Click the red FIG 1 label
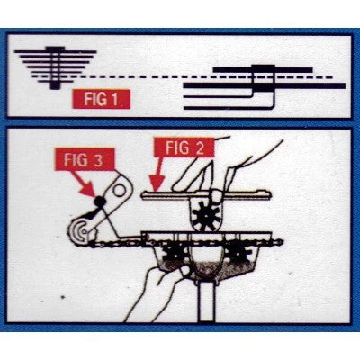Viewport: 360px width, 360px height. click(x=102, y=99)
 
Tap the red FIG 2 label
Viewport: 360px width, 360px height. click(x=184, y=148)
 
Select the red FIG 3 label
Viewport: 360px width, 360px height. click(x=85, y=159)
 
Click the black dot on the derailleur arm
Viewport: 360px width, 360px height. click(x=99, y=202)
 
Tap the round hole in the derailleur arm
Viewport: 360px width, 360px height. click(x=120, y=191)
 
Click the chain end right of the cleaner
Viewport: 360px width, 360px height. click(x=278, y=241)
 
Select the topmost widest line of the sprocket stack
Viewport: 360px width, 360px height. click(x=56, y=52)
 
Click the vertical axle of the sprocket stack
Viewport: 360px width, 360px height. click(x=54, y=68)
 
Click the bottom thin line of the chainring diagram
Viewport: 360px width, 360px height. click(x=229, y=107)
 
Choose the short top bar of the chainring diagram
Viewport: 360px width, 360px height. click(x=263, y=70)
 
